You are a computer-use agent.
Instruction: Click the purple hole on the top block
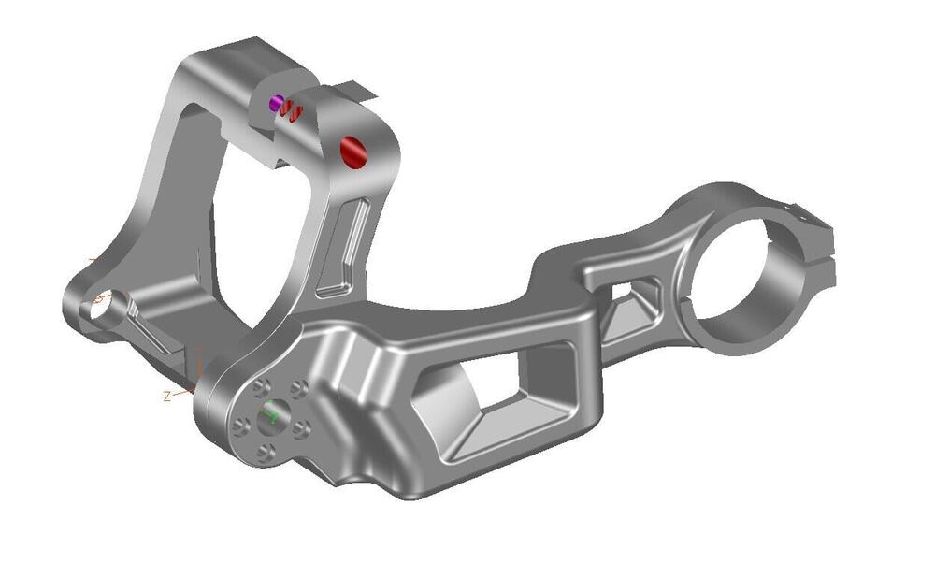coord(276,103)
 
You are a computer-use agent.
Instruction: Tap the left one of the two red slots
coord(288,109)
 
